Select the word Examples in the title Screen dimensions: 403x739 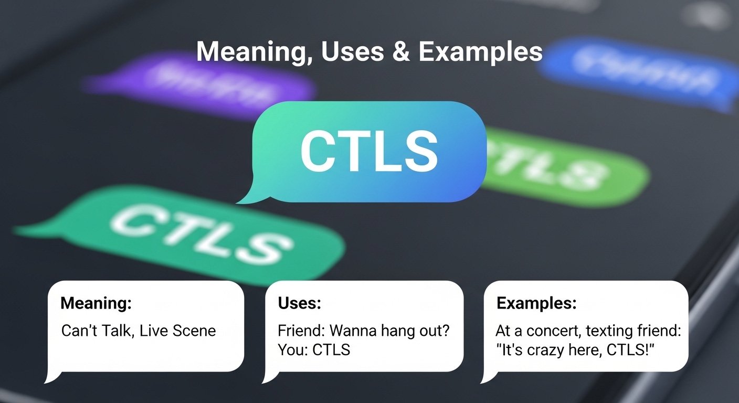[x=480, y=51]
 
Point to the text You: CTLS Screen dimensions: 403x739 [x=314, y=349]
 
